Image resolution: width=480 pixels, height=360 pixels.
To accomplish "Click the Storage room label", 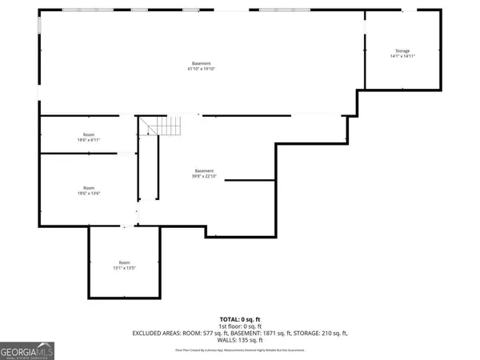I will [x=402, y=50].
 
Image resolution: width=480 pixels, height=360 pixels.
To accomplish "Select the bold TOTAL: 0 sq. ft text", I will [x=239, y=319].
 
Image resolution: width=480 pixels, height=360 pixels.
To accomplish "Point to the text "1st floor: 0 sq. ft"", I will [x=239, y=326].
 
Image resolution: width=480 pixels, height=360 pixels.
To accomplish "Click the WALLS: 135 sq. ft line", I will [x=239, y=338].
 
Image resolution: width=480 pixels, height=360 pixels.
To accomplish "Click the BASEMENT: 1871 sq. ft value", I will [x=255, y=332].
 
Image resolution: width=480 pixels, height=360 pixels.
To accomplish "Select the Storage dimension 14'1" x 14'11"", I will [x=402, y=56].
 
